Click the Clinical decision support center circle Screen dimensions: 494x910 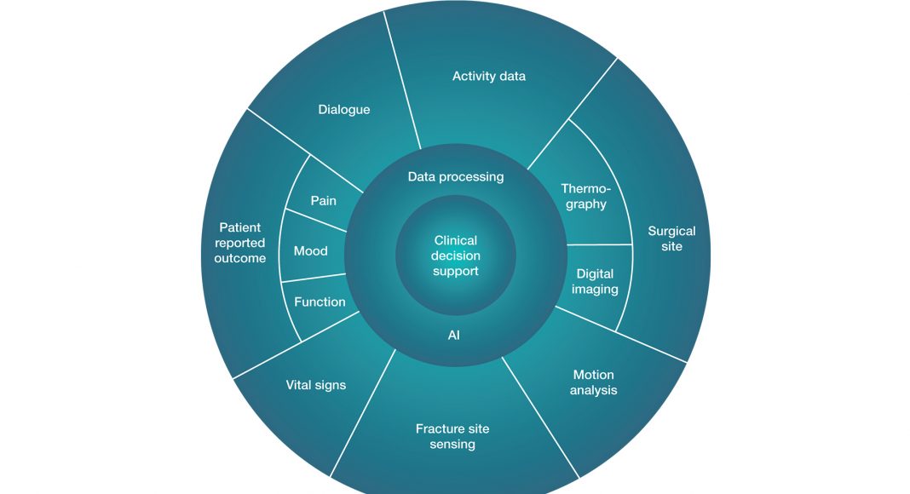coord(456,256)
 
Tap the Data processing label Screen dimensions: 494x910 coord(456,177)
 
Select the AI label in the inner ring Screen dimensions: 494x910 coord(454,336)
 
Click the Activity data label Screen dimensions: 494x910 coord(489,77)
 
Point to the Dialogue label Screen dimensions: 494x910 coord(344,110)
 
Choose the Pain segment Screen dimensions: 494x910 coord(323,201)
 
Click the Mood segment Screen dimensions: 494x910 coord(311,251)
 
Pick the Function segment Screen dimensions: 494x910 coord(320,302)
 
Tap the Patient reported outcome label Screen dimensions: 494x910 coord(239,243)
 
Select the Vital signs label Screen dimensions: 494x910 coord(316,385)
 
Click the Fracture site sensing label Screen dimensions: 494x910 coord(452,436)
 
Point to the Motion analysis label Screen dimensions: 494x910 coord(594,382)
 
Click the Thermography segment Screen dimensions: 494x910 coord(586,197)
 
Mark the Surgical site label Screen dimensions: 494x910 coord(671,238)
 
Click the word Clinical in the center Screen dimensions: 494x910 coord(456,241)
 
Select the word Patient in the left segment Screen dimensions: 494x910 coord(240,227)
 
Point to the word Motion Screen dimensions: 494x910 coord(594,375)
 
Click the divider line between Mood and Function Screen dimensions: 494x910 coord(314,278)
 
